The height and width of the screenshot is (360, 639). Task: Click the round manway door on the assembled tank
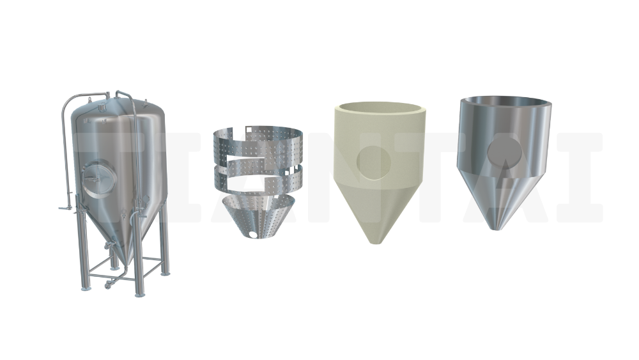coord(98,179)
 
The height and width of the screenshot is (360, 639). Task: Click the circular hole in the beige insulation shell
coord(374,162)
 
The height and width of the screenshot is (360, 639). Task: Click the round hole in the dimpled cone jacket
coord(254,235)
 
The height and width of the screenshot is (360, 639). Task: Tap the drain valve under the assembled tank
coord(109,284)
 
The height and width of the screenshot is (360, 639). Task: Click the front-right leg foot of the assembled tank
coord(140,294)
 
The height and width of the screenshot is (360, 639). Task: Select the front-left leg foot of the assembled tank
coord(86,288)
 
